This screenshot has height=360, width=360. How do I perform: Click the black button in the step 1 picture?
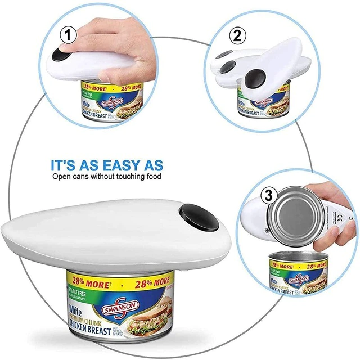(60, 57)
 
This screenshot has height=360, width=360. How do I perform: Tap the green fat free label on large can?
(79, 294)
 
